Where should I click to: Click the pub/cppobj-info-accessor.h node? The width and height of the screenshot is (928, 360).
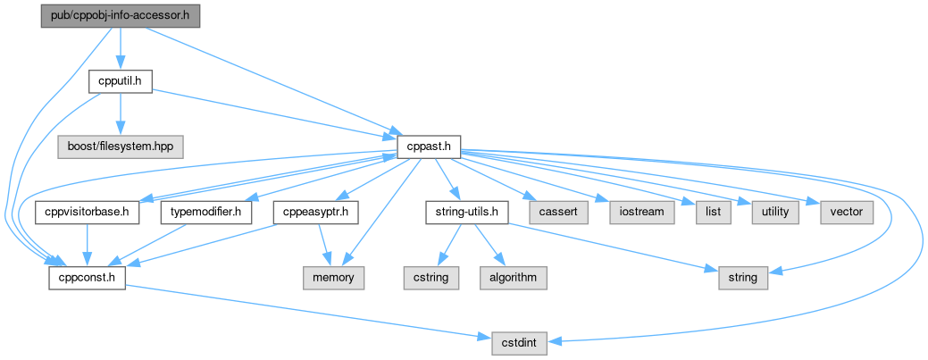tap(121, 16)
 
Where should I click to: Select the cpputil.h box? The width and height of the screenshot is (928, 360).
tap(121, 81)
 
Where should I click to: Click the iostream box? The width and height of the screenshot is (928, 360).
tap(637, 213)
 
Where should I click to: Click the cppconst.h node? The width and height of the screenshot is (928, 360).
tap(87, 278)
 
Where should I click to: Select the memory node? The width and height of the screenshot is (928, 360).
tap(333, 278)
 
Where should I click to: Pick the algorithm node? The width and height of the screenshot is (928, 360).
tap(513, 278)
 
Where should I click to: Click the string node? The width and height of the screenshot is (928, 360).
tap(742, 278)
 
